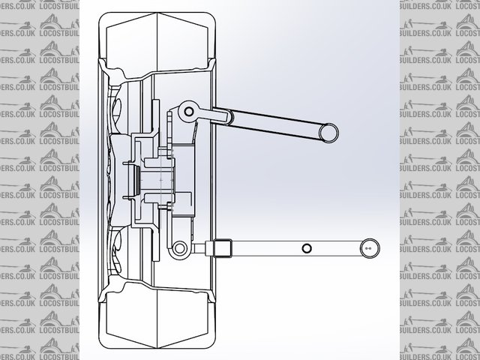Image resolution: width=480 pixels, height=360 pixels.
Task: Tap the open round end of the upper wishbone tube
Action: tap(328, 133)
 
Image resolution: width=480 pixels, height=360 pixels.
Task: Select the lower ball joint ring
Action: tap(180, 247)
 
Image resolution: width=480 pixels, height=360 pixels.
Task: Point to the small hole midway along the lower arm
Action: tap(306, 248)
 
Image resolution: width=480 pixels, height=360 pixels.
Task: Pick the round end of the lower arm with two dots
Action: tap(368, 247)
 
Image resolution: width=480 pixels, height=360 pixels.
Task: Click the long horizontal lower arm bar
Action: tap(292, 247)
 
